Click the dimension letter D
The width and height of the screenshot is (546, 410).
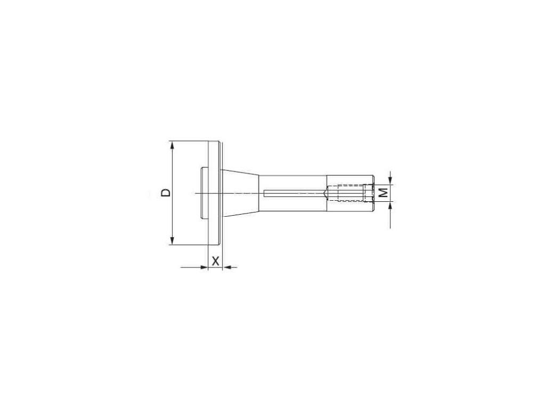[x=166, y=193]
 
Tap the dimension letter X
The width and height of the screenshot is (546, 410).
[x=216, y=261]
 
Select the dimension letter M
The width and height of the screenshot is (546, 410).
[x=383, y=192]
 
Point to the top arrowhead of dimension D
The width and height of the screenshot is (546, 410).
[x=172, y=146]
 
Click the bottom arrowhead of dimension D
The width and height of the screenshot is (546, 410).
[x=172, y=240]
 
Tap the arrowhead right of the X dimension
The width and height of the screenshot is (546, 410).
[x=227, y=267]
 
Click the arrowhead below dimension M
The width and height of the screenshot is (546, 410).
[x=390, y=206]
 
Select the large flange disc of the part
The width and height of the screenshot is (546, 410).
[x=214, y=193]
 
